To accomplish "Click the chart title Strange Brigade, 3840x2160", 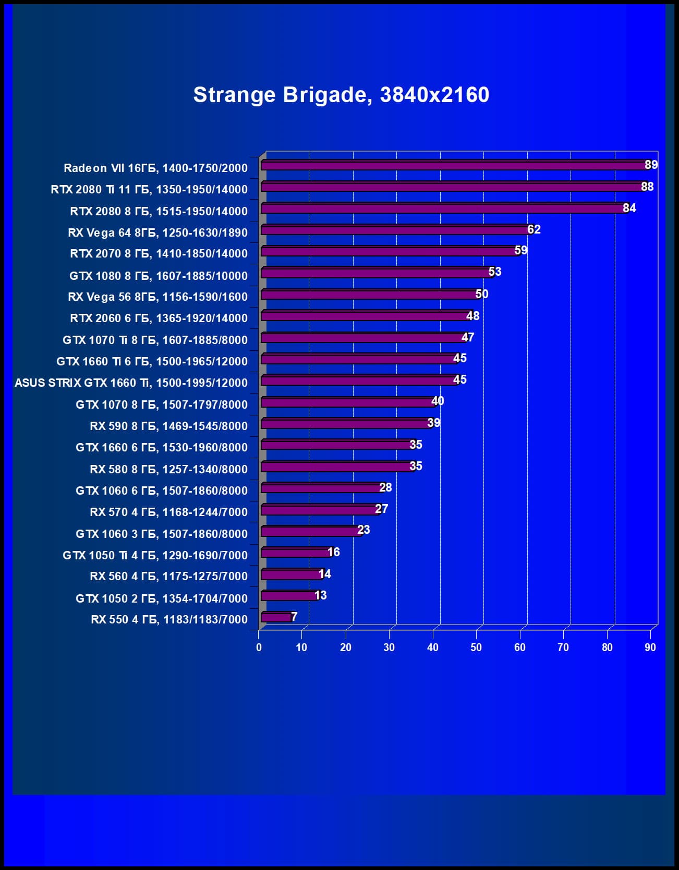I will tap(341, 95).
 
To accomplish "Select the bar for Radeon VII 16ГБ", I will tap(454, 166).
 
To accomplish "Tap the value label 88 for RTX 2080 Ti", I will tap(647, 187).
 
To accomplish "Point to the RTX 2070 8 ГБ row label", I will tap(159, 254).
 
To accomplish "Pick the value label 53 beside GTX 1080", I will tap(494, 272).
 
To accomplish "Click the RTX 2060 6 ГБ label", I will tap(159, 318).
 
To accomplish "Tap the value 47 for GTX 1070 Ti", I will tap(467, 337).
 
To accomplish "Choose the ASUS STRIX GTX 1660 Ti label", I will tap(131, 383).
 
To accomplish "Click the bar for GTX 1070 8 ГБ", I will tap(347, 402).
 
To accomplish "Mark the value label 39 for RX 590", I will tap(433, 423).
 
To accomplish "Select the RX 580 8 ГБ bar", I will tap(337, 467).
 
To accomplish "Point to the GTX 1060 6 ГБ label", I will tap(161, 491).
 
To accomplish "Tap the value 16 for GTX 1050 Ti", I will tap(333, 552).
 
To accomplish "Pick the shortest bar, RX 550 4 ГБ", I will tap(276, 618).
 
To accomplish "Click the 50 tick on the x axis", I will tap(476, 647).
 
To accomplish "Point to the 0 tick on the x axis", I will tap(259, 647).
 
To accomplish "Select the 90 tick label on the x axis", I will tap(650, 647).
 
